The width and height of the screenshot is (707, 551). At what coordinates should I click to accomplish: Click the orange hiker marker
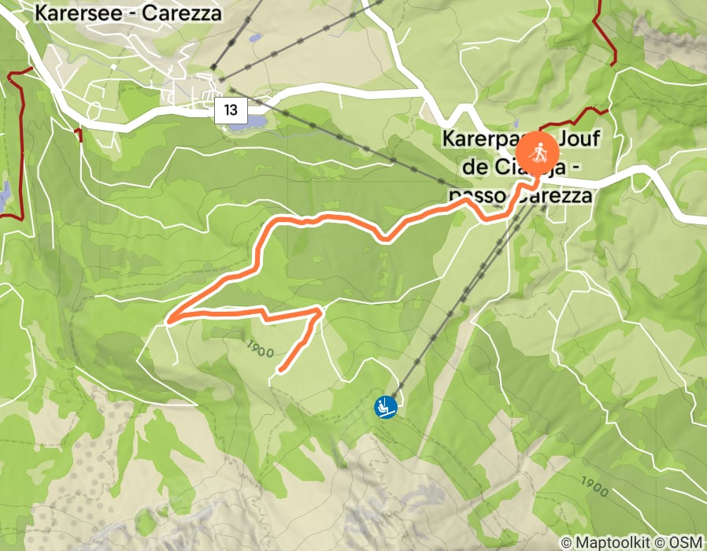click(538, 152)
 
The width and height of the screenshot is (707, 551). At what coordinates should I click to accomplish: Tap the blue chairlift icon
click(385, 407)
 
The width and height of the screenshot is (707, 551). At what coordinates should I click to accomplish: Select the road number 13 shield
click(230, 109)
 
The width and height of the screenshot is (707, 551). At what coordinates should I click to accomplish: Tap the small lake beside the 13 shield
click(246, 123)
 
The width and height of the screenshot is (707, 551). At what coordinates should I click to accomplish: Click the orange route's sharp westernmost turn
click(169, 320)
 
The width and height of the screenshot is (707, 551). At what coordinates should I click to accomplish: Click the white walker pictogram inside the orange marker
click(538, 151)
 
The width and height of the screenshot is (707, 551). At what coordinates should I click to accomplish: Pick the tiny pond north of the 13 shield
click(254, 38)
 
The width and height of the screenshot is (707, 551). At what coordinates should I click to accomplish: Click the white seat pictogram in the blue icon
click(385, 406)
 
